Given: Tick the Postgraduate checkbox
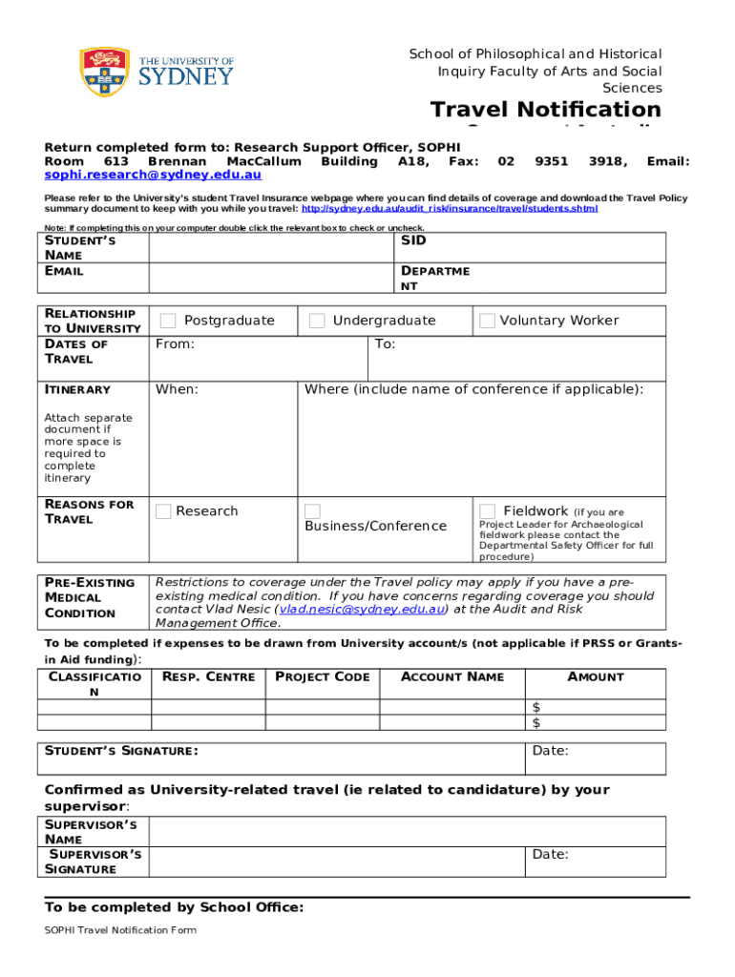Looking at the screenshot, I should point(168,321).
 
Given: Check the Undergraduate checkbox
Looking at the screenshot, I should point(317,321).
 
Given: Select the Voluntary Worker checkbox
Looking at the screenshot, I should point(487,321).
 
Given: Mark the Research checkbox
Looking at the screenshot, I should point(163,511).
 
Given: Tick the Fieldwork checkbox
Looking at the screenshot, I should point(487,511).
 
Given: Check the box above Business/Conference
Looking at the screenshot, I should point(312,511).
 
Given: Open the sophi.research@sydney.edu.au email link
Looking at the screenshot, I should point(153,176).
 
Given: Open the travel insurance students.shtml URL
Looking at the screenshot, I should point(450,209).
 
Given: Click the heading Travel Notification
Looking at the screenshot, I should point(545,110).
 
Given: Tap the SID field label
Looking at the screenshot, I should point(413,241).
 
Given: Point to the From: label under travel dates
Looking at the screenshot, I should point(175,344).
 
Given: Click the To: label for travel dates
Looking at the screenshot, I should point(385,344).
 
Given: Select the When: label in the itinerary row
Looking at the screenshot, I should point(177,389).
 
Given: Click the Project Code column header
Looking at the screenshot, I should point(322,677).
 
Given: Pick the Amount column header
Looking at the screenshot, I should point(596,677).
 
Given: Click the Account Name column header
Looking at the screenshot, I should point(451,677).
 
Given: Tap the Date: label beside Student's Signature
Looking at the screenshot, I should point(550,751).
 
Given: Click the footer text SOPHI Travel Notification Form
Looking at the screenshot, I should point(120,930).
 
